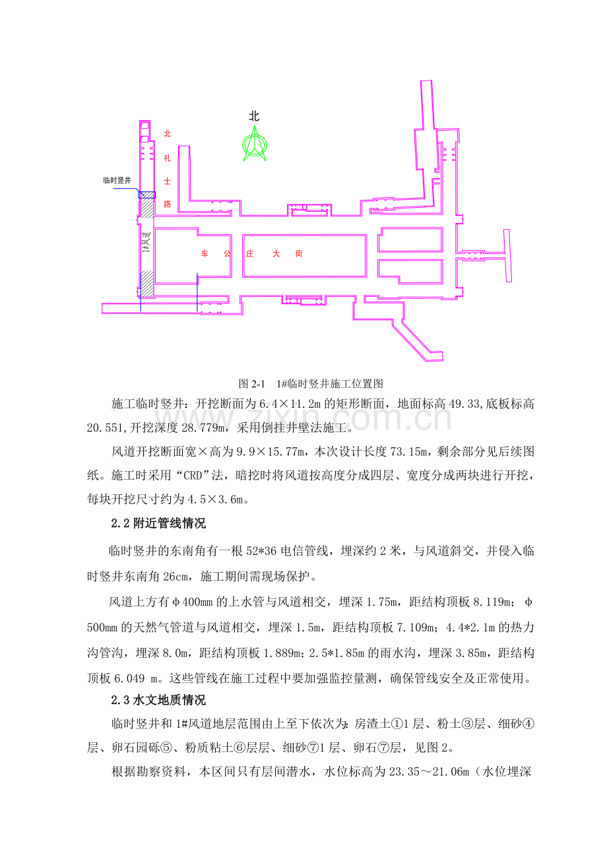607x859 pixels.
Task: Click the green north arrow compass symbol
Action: tap(254, 144)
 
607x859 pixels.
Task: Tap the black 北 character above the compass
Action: tap(254, 116)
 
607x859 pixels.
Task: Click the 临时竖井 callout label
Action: tap(117, 180)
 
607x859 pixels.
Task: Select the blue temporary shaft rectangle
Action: tap(147, 195)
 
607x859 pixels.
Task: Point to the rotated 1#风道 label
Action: tap(146, 242)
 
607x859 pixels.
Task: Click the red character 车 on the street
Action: tap(205, 253)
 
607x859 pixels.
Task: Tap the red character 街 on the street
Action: tap(299, 253)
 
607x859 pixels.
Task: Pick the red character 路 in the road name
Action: tap(167, 204)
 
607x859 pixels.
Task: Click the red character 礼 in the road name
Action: tap(167, 158)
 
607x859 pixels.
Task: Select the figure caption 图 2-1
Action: tap(252, 383)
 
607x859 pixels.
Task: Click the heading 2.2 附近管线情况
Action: tap(158, 523)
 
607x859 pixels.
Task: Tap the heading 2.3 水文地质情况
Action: tap(158, 700)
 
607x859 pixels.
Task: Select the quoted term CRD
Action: tap(193, 476)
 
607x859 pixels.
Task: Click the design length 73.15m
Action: tap(408, 452)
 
